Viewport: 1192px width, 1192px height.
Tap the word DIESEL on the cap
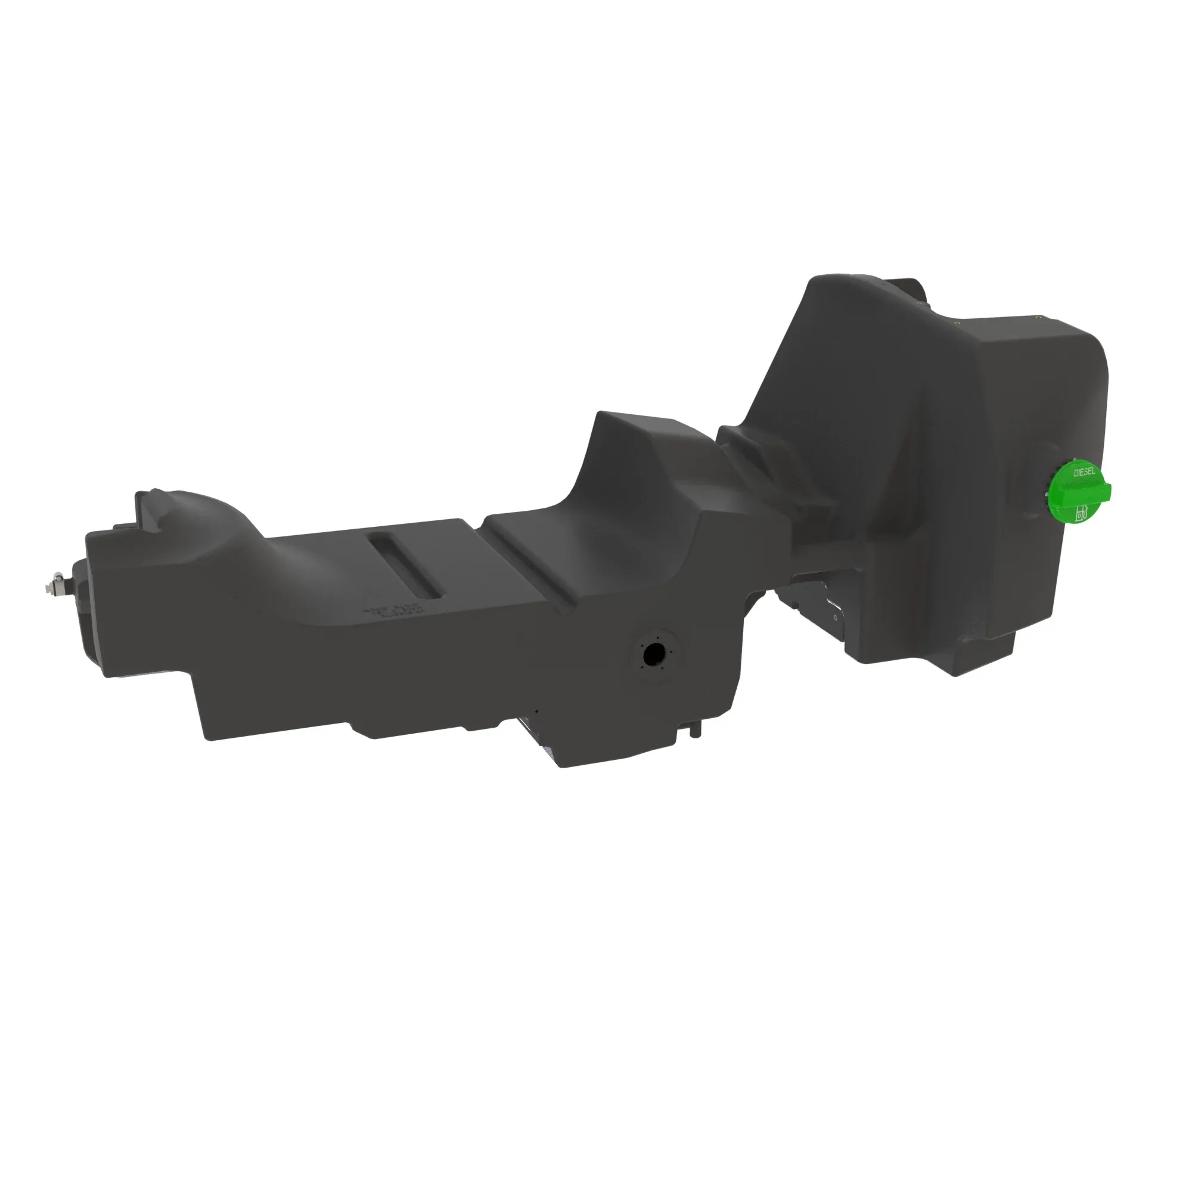(1085, 473)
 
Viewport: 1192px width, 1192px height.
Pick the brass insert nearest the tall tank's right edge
(1038, 317)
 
